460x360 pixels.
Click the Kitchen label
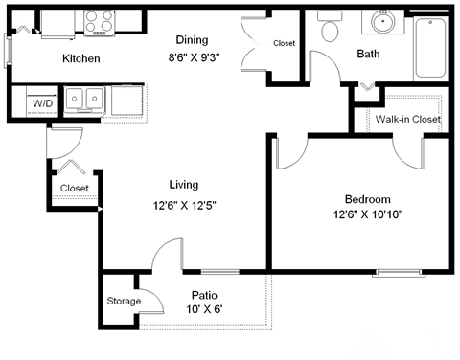click(81, 59)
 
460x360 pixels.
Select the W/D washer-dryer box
click(42, 102)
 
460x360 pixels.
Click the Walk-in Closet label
click(407, 120)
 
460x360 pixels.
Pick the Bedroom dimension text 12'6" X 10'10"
click(365, 215)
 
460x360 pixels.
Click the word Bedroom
click(366, 199)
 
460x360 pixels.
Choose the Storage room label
click(124, 302)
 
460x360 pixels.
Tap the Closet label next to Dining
click(285, 44)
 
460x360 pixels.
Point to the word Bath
click(369, 55)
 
